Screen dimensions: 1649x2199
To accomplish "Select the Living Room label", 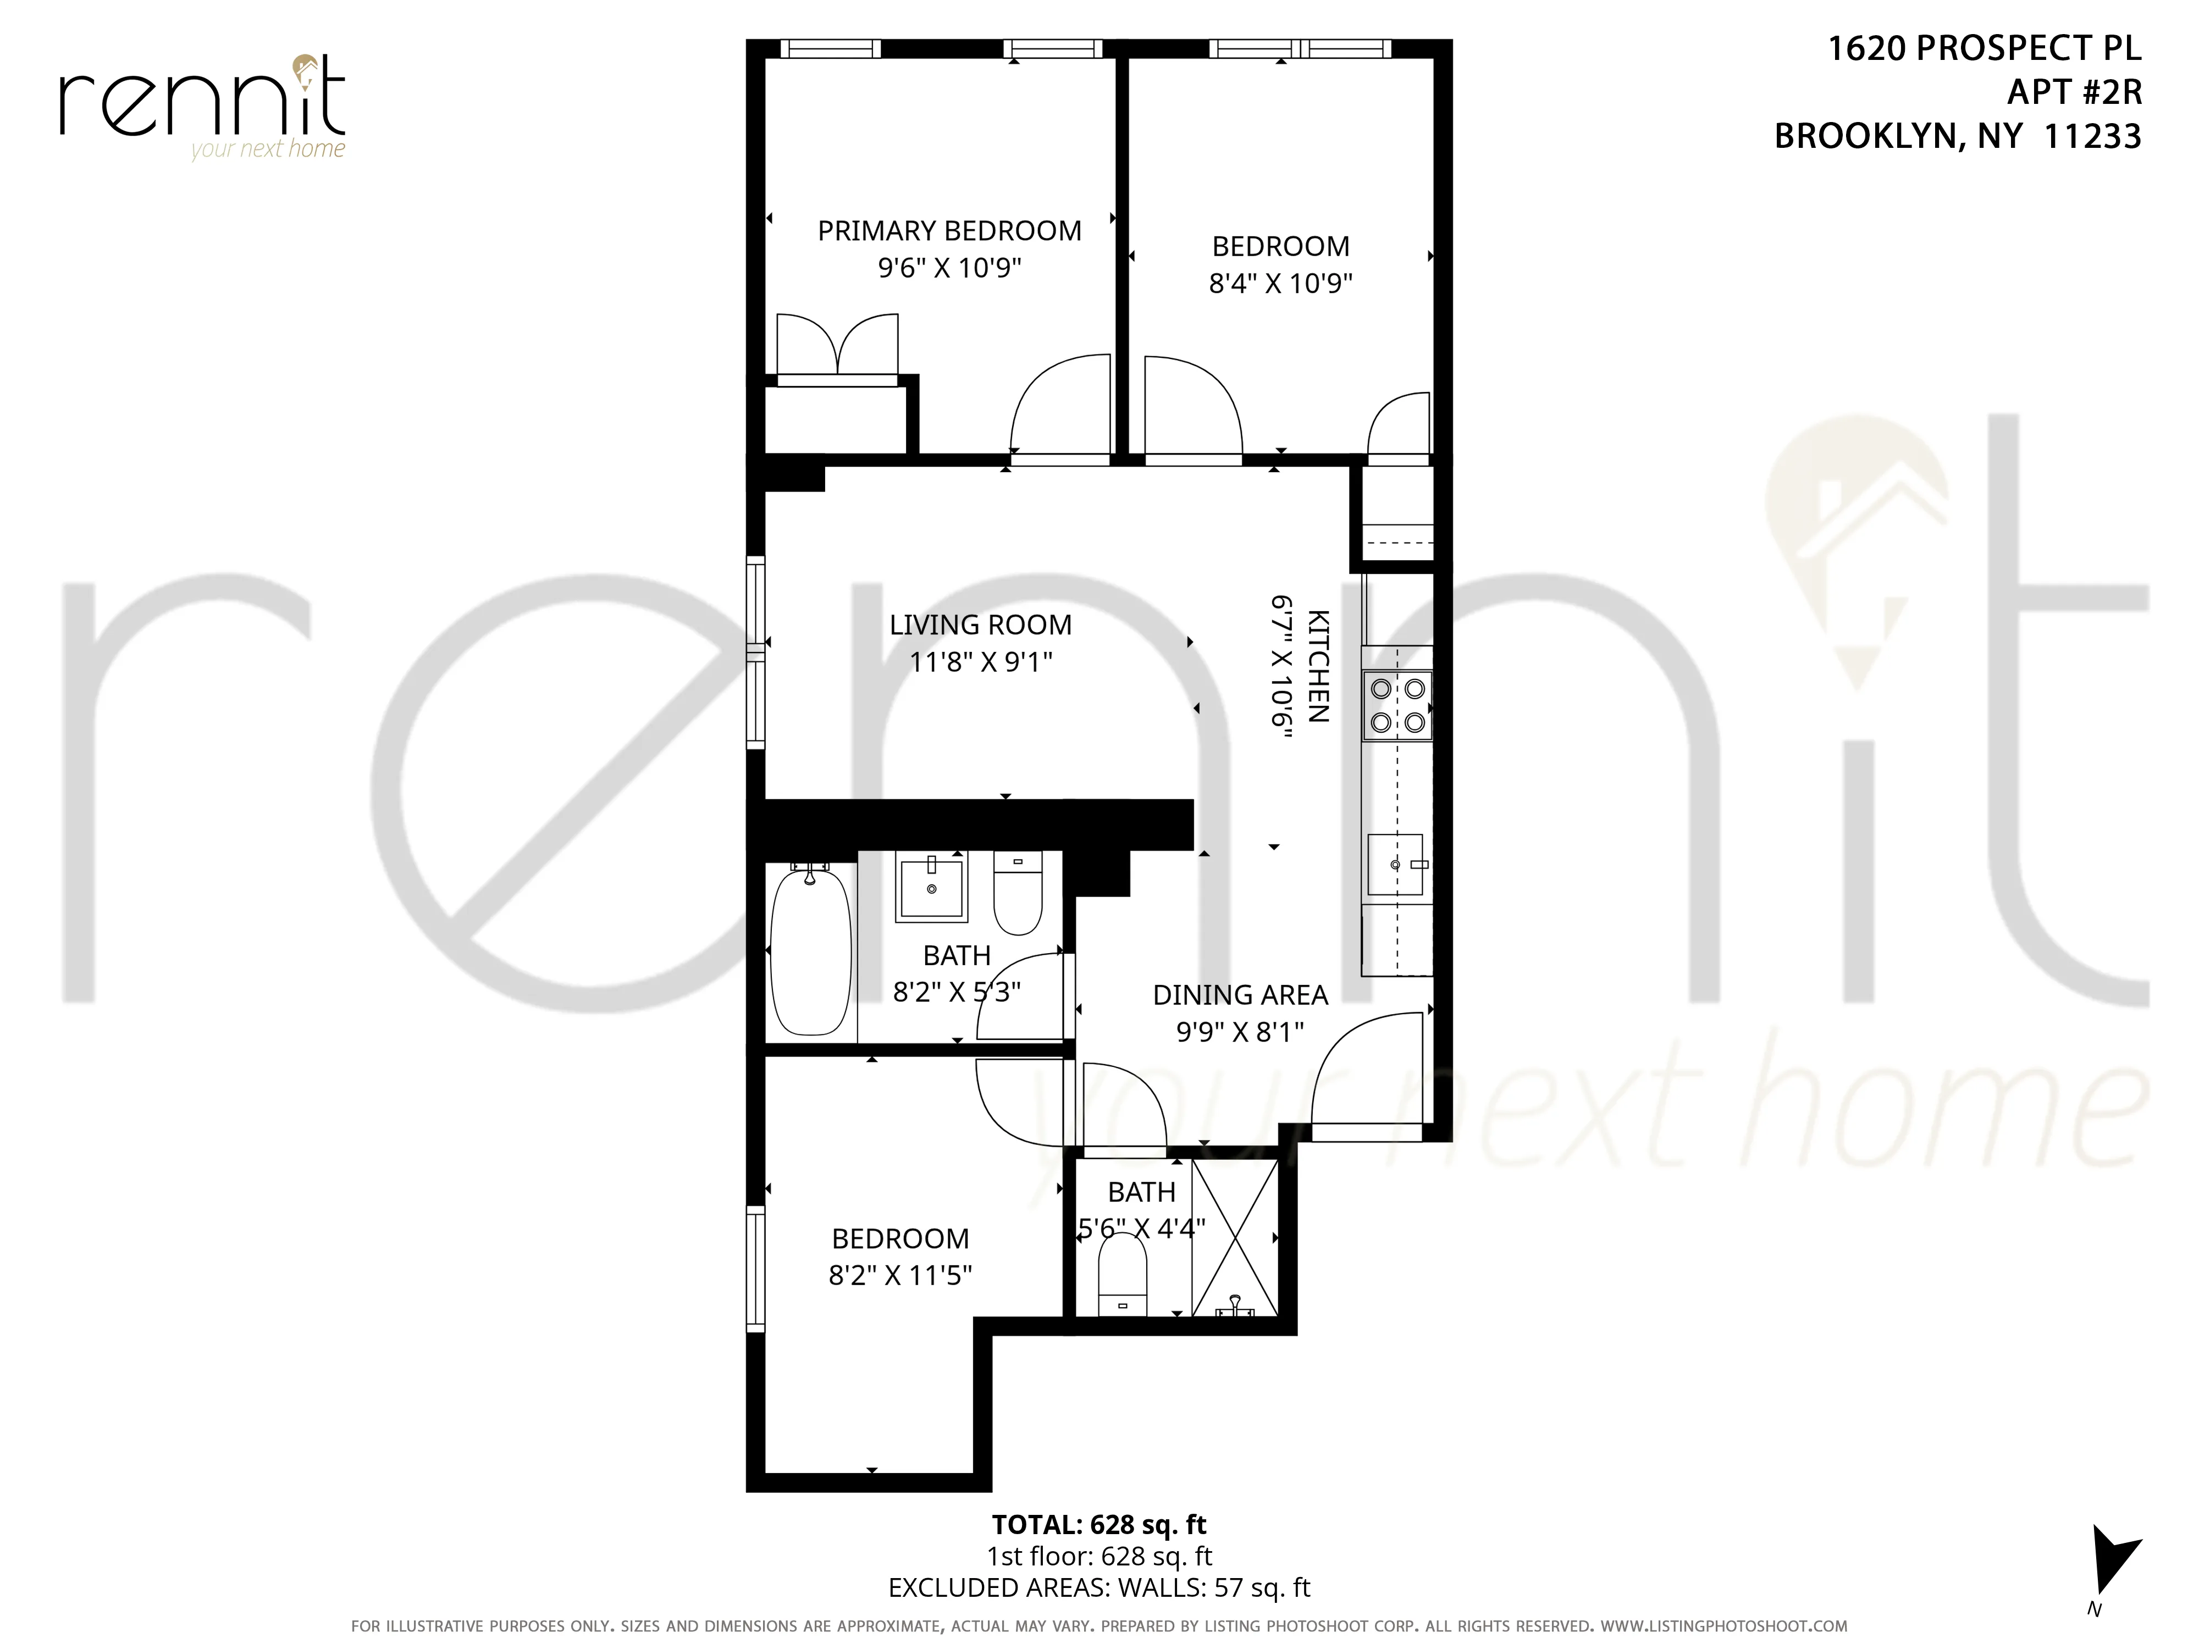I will (980, 624).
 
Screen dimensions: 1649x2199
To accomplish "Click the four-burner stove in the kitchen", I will (1397, 706).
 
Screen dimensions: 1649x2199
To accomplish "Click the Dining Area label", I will (1240, 995).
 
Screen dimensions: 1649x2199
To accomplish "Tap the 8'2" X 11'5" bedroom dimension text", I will (900, 1275).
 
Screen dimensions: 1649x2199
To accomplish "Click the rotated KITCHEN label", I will (1318, 666).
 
